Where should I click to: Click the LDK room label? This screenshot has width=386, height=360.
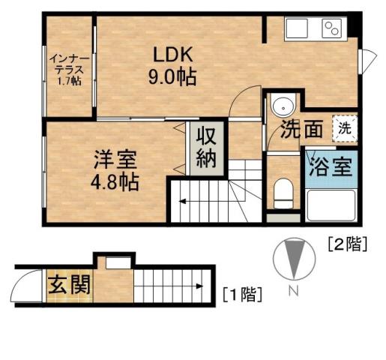tap(174, 55)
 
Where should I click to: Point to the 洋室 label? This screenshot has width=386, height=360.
tap(115, 159)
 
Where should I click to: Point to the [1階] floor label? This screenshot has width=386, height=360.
tap(242, 293)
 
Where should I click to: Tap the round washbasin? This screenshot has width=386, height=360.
tap(283, 106)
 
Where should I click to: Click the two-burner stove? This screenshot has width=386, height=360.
tap(331, 29)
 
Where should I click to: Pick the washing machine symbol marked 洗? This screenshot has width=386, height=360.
tap(344, 127)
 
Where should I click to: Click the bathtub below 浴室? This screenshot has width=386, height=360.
tap(331, 205)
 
